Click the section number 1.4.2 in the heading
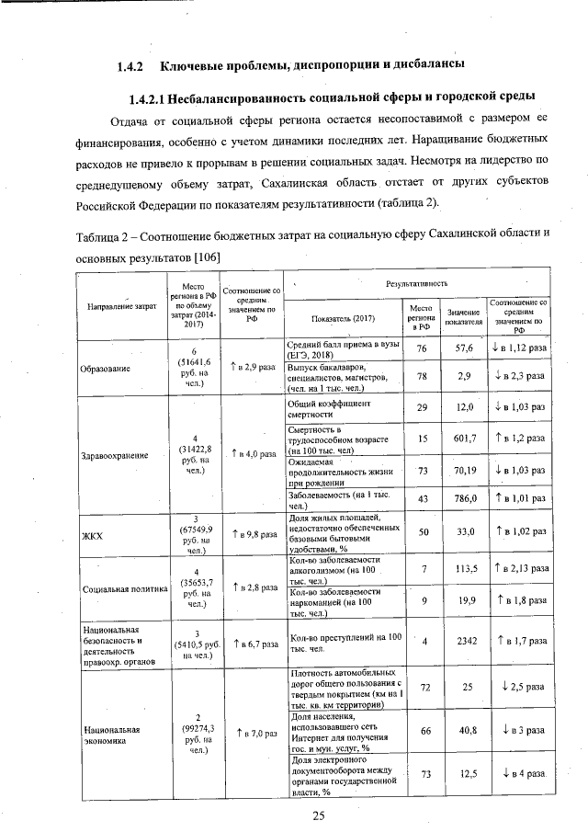coord(133,66)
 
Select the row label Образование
coord(105,368)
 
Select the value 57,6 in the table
coord(464,349)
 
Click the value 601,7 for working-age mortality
coord(464,439)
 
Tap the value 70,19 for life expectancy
coord(464,470)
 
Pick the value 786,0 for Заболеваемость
coord(464,499)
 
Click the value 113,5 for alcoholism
coord(464,569)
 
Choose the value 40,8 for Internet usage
coord(464,730)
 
